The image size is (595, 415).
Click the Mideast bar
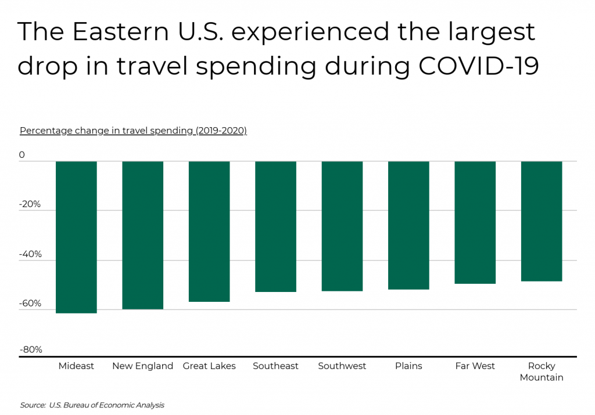[x=76, y=237]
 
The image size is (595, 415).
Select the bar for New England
[x=142, y=235]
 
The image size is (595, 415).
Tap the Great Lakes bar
[x=209, y=231]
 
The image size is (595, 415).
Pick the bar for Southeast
[x=275, y=226]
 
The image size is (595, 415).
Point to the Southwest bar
[x=342, y=226]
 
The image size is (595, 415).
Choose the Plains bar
[x=408, y=225]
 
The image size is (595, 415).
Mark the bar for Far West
[x=475, y=222]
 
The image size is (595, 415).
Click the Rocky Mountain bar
[x=542, y=221]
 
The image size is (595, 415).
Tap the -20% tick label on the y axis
[x=30, y=204]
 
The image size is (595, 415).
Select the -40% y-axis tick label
[x=30, y=254]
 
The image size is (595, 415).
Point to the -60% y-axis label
[x=30, y=303]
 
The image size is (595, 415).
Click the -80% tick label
[x=30, y=349]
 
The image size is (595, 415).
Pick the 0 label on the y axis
[x=22, y=155]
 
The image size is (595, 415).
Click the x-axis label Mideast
[x=76, y=366]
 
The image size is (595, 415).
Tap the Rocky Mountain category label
[x=542, y=371]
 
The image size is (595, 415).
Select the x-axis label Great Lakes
[x=209, y=366]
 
